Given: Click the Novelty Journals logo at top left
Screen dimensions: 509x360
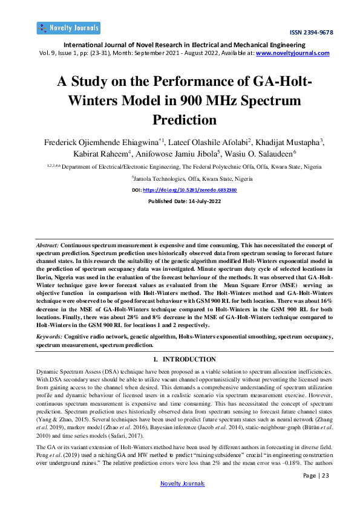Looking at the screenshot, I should point(68,28).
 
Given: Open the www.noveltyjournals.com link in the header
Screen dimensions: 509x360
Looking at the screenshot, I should point(293,53).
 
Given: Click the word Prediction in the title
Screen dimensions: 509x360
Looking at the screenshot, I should point(180,119).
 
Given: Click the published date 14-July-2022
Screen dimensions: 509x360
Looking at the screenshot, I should point(196,201).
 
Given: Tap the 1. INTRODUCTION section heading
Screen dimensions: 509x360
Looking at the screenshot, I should point(180,359).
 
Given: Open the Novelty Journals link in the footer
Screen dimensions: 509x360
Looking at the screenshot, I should point(182,484).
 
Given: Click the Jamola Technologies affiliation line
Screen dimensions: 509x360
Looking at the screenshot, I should point(180,180).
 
